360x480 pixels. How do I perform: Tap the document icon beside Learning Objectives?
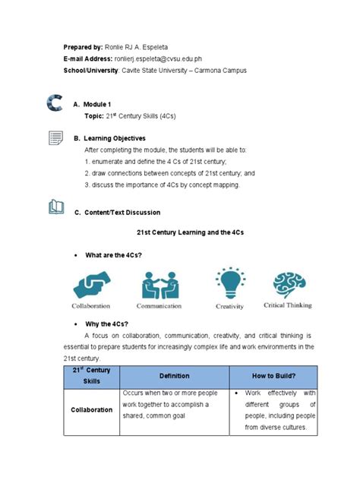[55, 138]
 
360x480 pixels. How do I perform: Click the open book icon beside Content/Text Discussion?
[55, 207]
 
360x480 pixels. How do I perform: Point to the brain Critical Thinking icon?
[289, 283]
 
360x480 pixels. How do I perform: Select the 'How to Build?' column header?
[273, 375]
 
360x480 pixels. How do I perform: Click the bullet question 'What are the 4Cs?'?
[116, 254]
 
